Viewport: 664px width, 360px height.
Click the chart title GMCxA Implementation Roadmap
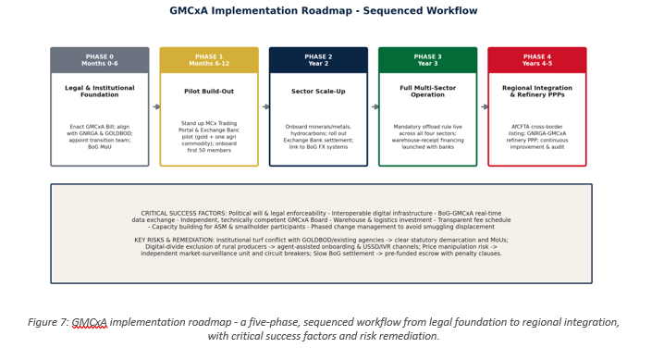(x=261, y=10)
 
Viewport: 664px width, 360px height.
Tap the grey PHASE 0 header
(x=100, y=60)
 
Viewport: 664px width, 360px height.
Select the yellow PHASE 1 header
(x=209, y=60)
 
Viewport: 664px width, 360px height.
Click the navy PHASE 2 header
(x=318, y=60)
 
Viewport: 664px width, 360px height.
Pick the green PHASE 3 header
(x=427, y=60)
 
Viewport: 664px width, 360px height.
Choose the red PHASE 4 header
(x=537, y=60)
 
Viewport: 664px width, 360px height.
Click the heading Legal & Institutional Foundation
(x=100, y=91)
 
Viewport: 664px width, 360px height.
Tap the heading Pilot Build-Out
(x=209, y=91)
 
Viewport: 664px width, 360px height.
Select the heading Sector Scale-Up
(x=318, y=91)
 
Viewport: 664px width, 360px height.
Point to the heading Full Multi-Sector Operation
(x=427, y=91)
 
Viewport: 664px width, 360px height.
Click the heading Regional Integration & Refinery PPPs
(x=537, y=91)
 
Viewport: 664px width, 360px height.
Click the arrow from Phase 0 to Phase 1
(x=156, y=106)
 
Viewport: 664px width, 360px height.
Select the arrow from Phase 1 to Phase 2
(x=265, y=106)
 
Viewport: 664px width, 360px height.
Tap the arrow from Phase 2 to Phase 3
(x=375, y=106)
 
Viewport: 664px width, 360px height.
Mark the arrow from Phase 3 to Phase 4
(x=485, y=106)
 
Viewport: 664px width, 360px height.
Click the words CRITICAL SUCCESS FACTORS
(x=184, y=214)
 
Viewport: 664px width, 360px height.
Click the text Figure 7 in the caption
(x=48, y=322)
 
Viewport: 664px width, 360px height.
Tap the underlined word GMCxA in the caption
(x=90, y=323)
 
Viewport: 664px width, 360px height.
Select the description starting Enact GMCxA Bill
(x=100, y=137)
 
